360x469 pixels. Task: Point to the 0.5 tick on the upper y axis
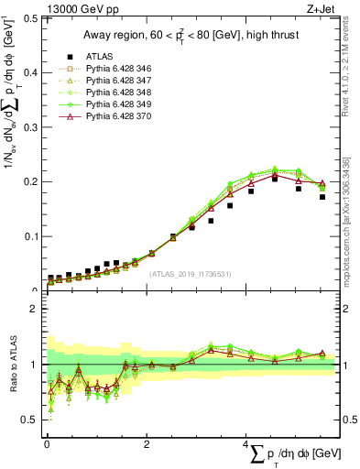pyautogui.click(x=28, y=17)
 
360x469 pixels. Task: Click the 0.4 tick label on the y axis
pyautogui.click(x=28, y=72)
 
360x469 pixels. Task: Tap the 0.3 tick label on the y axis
pyautogui.click(x=28, y=126)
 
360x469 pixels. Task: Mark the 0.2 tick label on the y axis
pyautogui.click(x=28, y=181)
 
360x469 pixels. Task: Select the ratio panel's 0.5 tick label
pyautogui.click(x=28, y=420)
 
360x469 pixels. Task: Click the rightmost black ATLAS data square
pyautogui.click(x=322, y=197)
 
